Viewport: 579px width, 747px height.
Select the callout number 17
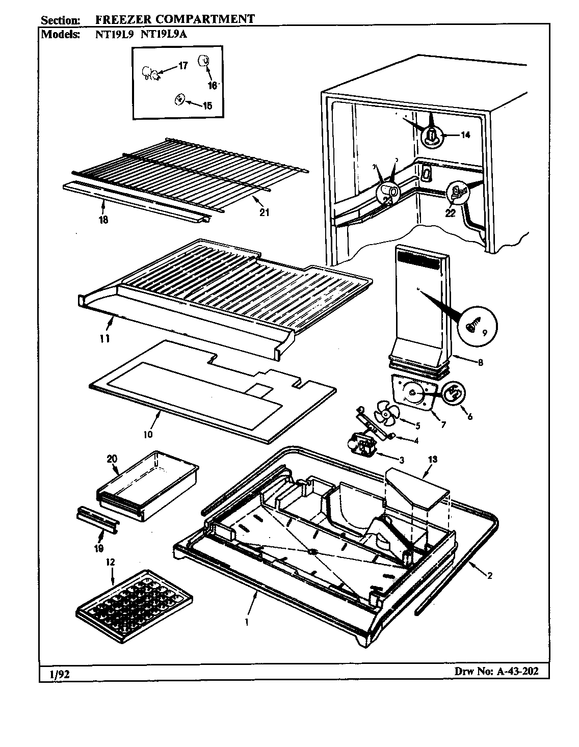(x=182, y=65)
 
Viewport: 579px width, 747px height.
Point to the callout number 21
(x=264, y=212)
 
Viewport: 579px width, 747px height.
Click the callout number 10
(x=148, y=434)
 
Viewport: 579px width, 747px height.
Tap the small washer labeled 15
(x=179, y=99)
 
